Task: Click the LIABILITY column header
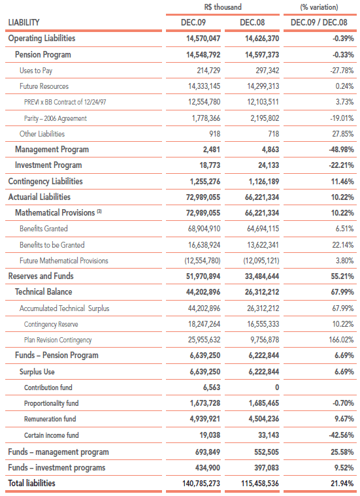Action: pyautogui.click(x=24, y=22)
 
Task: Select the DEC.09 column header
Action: pyautogui.click(x=193, y=22)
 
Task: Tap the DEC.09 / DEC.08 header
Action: pyautogui.click(x=319, y=22)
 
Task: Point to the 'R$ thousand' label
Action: pyautogui.click(x=223, y=7)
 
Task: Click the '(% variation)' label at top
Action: pyautogui.click(x=319, y=7)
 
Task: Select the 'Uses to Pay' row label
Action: pyautogui.click(x=36, y=71)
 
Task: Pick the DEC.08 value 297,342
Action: pyautogui.click(x=267, y=71)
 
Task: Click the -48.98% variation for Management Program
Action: pyautogui.click(x=341, y=149)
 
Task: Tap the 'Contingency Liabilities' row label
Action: pyautogui.click(x=45, y=181)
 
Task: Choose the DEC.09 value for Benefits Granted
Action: pyautogui.click(x=204, y=229)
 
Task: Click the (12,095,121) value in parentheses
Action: pyautogui.click(x=261, y=261)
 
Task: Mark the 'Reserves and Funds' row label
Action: pyautogui.click(x=41, y=276)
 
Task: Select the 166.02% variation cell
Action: pyautogui.click(x=341, y=340)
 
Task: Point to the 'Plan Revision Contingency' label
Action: pyautogui.click(x=58, y=340)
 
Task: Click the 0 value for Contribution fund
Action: pyautogui.click(x=277, y=388)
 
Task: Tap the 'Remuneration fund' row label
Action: pyautogui.click(x=50, y=419)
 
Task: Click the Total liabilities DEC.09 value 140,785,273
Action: pyautogui.click(x=201, y=484)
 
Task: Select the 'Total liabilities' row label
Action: pyautogui.click(x=31, y=484)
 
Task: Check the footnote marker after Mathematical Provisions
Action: pyautogui.click(x=99, y=211)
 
